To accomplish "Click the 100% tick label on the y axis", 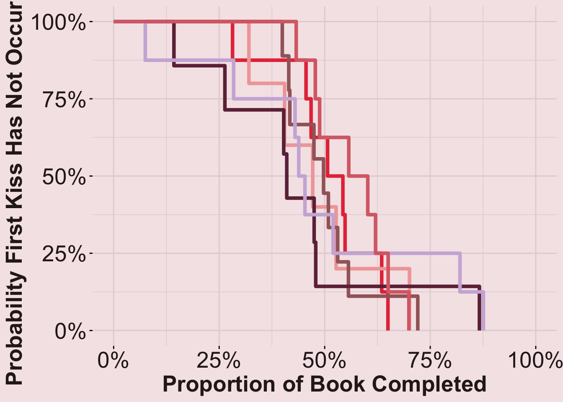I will [58, 22].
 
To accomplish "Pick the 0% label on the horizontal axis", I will [113, 360].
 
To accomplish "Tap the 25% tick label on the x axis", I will [219, 360].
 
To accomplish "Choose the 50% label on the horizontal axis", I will [324, 360].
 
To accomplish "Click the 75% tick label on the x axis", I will [430, 360].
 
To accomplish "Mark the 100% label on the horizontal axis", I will [535, 360].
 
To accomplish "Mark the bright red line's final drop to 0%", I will [388, 310].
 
